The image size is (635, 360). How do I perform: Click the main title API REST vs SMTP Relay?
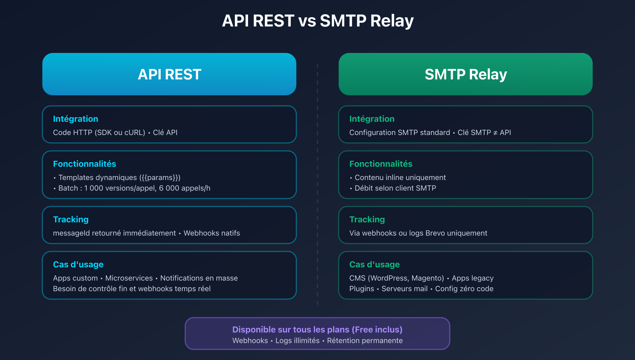[x=317, y=21]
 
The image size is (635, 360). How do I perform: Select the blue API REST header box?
[x=169, y=74]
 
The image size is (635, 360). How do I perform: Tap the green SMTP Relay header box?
[x=466, y=74]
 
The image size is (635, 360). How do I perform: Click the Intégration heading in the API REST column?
[x=75, y=119]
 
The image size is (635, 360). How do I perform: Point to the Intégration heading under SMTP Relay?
[x=372, y=119]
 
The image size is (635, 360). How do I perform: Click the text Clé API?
[x=165, y=132]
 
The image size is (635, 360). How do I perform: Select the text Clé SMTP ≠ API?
[x=484, y=132]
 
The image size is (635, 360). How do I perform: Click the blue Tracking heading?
[x=71, y=219]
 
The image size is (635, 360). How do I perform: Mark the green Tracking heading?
[x=367, y=219]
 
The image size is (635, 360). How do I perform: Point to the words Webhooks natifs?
[x=212, y=233]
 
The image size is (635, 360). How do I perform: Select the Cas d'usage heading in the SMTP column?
[x=374, y=264]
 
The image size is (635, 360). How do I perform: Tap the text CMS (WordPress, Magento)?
[x=397, y=278]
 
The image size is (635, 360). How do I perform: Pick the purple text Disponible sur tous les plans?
[x=291, y=330]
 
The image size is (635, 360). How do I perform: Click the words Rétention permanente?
[x=365, y=340]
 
